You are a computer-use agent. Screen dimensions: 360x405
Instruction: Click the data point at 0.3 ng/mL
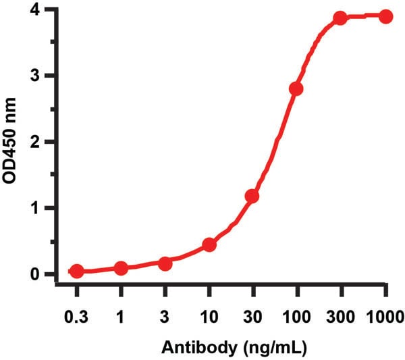(77, 271)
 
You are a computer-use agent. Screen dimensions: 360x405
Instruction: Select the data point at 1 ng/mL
(121, 268)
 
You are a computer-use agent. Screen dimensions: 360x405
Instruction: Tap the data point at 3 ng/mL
(165, 263)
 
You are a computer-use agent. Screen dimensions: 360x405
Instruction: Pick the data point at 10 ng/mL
(209, 244)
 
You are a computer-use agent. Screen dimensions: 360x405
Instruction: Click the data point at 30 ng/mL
(252, 196)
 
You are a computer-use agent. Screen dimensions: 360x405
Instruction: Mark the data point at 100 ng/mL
(296, 89)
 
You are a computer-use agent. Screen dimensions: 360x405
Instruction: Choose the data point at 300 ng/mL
(340, 18)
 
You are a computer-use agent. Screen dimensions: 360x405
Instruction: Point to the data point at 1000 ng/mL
(385, 16)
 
